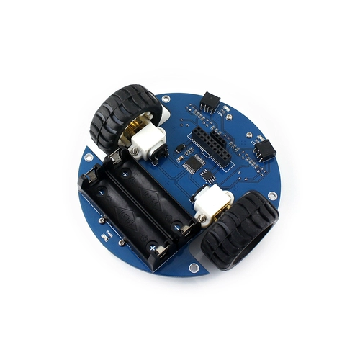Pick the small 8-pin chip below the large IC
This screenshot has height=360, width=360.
[x=207, y=178]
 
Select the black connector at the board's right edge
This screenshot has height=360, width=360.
[x=264, y=149]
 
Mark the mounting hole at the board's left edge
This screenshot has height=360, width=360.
[x=88, y=153]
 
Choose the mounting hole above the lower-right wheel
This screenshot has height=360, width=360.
[x=271, y=195]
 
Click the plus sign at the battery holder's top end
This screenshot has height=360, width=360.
[x=125, y=175]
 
